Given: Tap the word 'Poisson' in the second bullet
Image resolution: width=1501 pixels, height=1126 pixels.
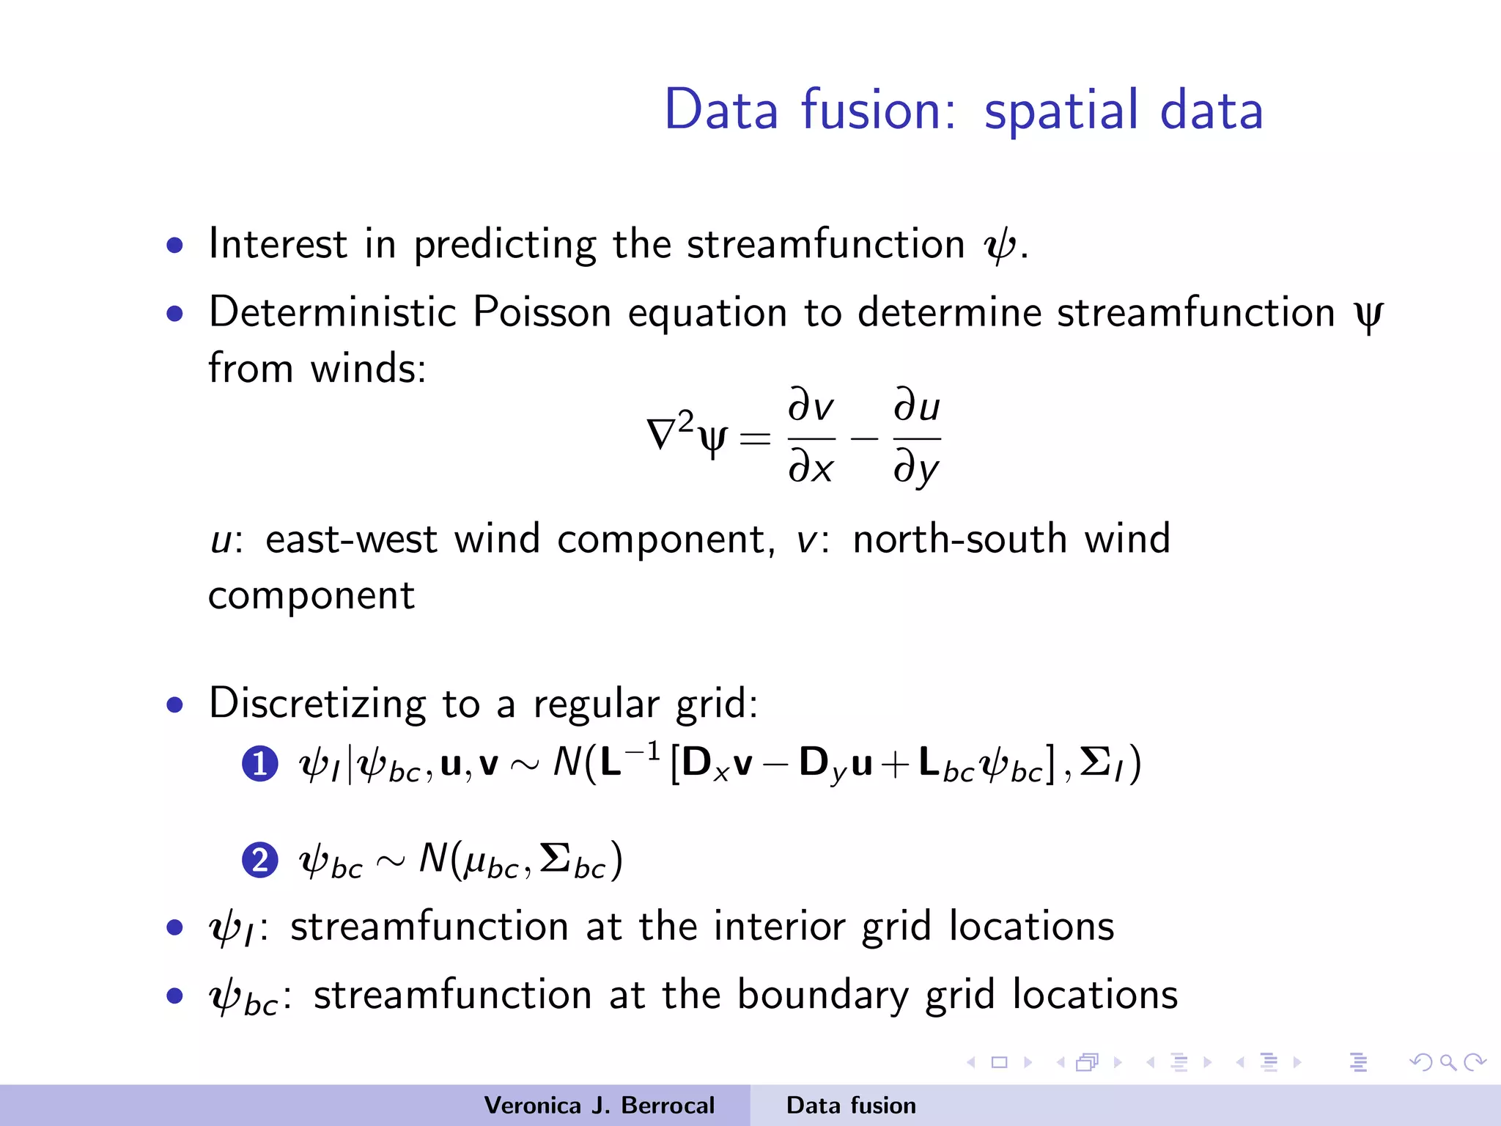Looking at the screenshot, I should (x=542, y=313).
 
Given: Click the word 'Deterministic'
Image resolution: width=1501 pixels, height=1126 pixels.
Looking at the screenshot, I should (x=332, y=313).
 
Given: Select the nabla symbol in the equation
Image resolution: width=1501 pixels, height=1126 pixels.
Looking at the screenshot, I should (x=661, y=434).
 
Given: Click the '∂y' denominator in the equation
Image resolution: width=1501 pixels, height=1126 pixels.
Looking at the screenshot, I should (x=916, y=468).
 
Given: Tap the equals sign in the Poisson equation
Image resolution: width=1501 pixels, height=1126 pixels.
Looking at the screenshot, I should (x=755, y=438).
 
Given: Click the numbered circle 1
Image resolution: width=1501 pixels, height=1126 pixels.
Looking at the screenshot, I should (x=259, y=765).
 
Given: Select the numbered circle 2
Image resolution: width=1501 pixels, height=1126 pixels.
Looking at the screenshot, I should (x=259, y=860).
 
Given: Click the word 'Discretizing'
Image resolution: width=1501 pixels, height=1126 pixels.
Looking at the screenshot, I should (x=317, y=704).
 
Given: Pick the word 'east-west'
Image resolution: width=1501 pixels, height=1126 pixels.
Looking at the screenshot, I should (x=351, y=540).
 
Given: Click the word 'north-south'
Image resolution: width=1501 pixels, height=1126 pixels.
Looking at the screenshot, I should (x=959, y=540).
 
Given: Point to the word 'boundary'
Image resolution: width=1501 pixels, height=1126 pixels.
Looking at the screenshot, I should (x=822, y=996).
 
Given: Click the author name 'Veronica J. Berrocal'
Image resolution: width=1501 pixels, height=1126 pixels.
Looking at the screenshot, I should (x=599, y=1105).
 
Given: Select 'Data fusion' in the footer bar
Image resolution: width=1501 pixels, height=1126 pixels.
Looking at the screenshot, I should (x=851, y=1105).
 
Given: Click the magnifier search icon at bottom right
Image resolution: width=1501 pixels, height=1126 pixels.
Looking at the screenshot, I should (x=1448, y=1062).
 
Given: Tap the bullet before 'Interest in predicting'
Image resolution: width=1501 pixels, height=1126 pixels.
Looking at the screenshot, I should (x=174, y=246).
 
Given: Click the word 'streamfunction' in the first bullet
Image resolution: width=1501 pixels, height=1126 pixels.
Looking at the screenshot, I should (x=825, y=244).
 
